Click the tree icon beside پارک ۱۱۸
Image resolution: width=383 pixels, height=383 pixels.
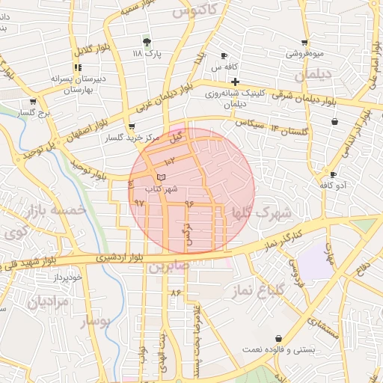click(x=147, y=42)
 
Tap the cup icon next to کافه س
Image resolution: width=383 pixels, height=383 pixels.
click(x=224, y=56)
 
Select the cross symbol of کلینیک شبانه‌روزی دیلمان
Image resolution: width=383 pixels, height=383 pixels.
click(x=235, y=82)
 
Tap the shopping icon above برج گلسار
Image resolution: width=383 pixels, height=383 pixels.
click(x=33, y=102)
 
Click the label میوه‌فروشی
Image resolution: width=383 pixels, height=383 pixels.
click(x=304, y=55)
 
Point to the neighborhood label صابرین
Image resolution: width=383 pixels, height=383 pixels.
click(x=164, y=266)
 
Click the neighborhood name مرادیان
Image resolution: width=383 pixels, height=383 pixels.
click(x=48, y=302)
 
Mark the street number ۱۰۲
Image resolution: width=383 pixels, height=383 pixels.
click(x=169, y=160)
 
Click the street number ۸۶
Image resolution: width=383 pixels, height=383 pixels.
click(x=177, y=292)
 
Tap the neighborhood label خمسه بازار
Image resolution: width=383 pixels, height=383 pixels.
click(x=55, y=211)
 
